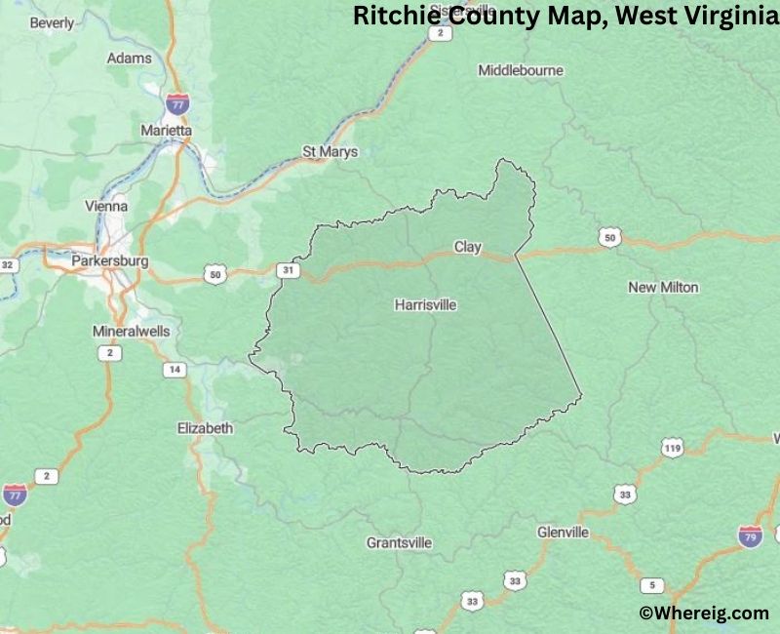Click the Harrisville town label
[425, 305]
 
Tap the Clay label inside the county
[468, 248]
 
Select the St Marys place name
[330, 152]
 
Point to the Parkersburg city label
[110, 262]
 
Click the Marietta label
[167, 130]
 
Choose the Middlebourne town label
[521, 70]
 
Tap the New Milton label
[663, 288]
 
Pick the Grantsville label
[400, 542]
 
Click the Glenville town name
[563, 533]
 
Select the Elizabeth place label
[205, 428]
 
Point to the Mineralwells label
[131, 332]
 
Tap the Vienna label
[107, 207]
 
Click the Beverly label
[52, 22]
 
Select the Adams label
[129, 59]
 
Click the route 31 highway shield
[288, 269]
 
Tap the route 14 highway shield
[175, 370]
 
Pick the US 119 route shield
[672, 449]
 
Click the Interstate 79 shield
[749, 537]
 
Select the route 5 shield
[651, 585]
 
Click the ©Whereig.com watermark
[704, 613]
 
